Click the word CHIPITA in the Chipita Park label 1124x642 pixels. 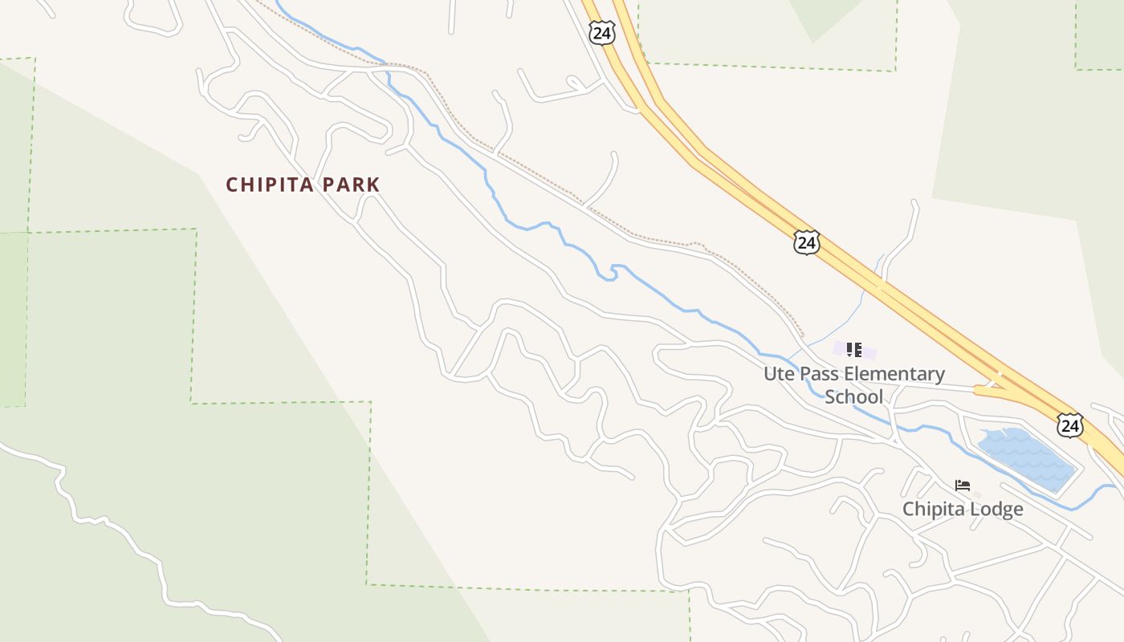(271, 185)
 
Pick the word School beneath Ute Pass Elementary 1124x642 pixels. (853, 396)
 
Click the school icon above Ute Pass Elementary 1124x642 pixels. (853, 349)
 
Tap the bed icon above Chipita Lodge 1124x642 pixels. (963, 485)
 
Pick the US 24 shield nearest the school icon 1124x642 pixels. (806, 242)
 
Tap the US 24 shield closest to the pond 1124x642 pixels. (1069, 425)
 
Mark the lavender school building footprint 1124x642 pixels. (869, 351)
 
